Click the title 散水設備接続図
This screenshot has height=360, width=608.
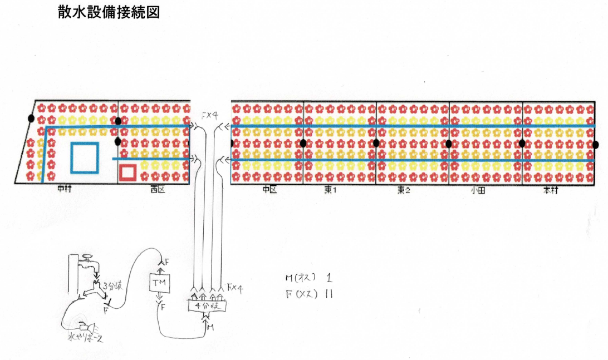click(x=109, y=12)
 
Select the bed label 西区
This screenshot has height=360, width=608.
click(x=158, y=190)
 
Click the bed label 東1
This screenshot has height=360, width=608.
click(x=332, y=190)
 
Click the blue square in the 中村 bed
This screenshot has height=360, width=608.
click(x=85, y=157)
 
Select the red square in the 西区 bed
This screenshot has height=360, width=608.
click(x=128, y=172)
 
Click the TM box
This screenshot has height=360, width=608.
click(x=160, y=284)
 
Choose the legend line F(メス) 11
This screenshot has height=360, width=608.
click(x=309, y=294)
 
